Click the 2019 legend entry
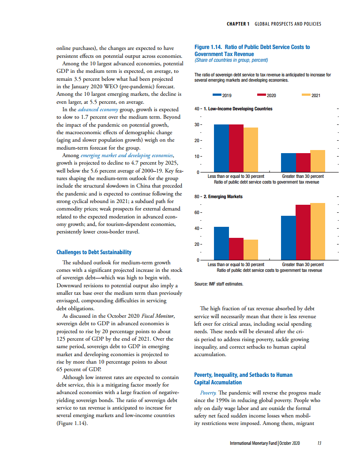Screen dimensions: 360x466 (x=222, y=95)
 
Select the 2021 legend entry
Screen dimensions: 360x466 (x=311, y=95)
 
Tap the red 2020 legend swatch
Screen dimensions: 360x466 (x=261, y=95)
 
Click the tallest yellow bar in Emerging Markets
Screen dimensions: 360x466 (x=318, y=232)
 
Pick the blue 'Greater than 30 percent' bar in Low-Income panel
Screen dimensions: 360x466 (x=289, y=163)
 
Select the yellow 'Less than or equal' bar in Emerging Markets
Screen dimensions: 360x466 (x=251, y=250)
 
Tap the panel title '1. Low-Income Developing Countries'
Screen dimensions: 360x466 (x=238, y=109)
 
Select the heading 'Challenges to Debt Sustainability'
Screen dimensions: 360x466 (x=94, y=252)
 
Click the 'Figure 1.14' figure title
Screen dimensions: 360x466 (x=252, y=50)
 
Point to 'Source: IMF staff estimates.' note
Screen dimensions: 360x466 (x=219, y=284)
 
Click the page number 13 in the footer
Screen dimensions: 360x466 (x=319, y=443)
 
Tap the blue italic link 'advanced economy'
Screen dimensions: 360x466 (x=98, y=109)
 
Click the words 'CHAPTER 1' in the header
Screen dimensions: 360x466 (x=238, y=24)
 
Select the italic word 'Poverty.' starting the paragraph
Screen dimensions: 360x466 (x=208, y=393)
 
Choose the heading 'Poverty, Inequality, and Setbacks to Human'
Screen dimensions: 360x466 (x=243, y=375)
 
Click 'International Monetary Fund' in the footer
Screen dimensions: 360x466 (x=253, y=443)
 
